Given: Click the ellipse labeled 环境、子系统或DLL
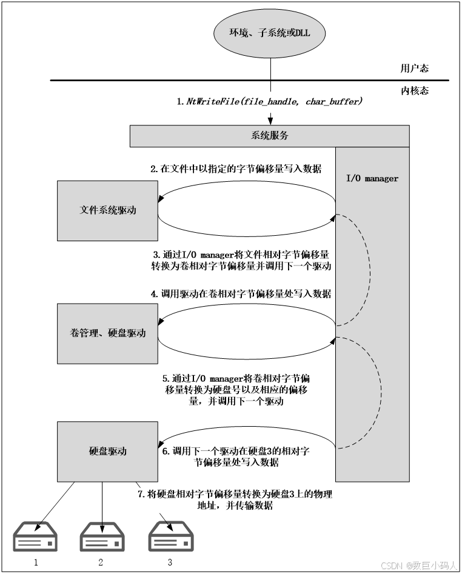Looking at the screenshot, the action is tap(269, 33).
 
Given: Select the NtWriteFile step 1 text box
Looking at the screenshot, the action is tap(269, 102).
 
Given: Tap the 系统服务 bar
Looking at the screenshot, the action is tap(269, 136).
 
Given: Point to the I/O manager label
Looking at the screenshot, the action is tap(372, 178).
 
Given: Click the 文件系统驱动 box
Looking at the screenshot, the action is tap(107, 210).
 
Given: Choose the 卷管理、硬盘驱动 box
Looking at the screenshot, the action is tap(107, 333).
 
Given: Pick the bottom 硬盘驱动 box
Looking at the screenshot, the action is tap(107, 452).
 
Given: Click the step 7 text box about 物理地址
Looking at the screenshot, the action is tap(235, 500).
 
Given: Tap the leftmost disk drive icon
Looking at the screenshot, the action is tap(36, 536).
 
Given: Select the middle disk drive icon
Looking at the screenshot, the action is tap(102, 536).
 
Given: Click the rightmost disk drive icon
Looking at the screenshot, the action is tap(172, 536).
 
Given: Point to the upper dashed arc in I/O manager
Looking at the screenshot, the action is tap(369, 270).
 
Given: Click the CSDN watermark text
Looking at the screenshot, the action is tap(391, 565).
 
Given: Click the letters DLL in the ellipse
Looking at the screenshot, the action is tap(302, 33).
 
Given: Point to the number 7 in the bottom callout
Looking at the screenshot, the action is tap(141, 494).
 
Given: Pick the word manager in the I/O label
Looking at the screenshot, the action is tap(381, 178).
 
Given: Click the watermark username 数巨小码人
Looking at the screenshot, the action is tap(434, 565).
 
